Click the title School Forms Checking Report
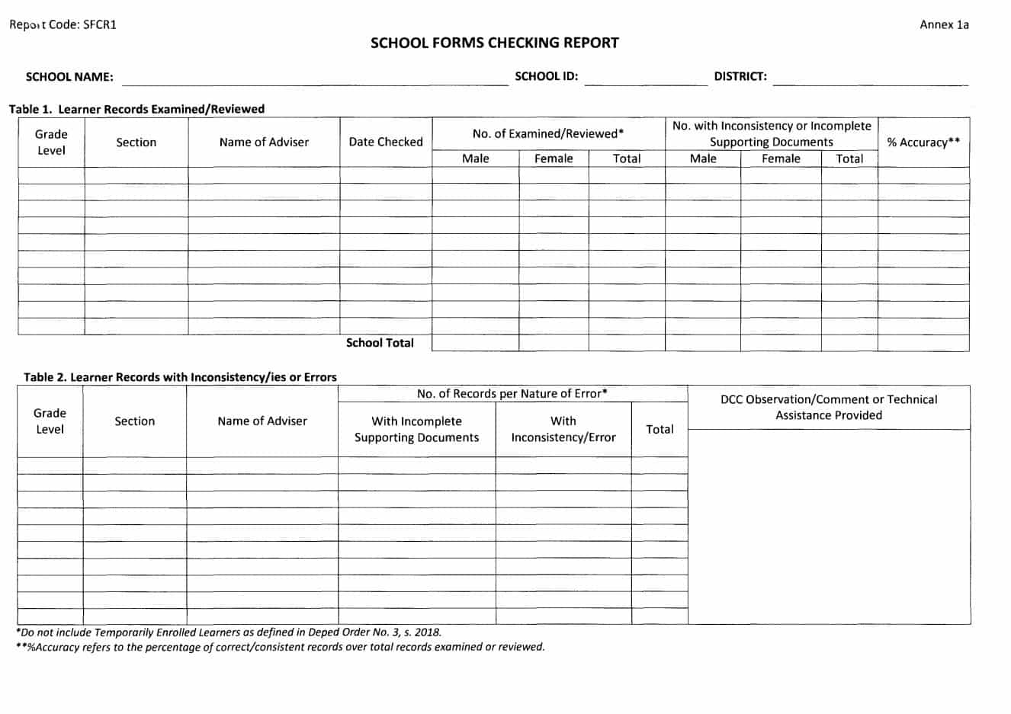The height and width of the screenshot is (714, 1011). tap(494, 43)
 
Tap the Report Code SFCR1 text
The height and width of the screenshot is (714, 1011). tap(63, 24)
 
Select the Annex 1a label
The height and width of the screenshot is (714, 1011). tap(944, 24)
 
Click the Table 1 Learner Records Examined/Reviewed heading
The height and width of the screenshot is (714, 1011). tap(136, 109)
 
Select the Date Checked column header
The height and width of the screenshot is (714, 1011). tap(385, 142)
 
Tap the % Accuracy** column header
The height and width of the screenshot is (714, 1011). tap(923, 142)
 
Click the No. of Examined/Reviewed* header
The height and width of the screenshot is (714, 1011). tap(547, 133)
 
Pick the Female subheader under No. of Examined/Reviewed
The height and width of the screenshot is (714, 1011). tap(553, 158)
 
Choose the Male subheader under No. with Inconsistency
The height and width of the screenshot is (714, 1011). tap(702, 158)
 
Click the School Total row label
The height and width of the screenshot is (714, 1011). tap(380, 343)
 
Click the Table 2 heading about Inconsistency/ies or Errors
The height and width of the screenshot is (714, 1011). tap(180, 377)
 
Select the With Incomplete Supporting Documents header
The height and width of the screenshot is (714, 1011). tap(416, 429)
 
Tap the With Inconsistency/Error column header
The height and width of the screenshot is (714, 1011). tap(563, 429)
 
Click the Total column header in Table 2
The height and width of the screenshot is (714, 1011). tap(660, 429)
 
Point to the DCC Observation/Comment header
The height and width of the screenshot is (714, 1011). tap(829, 407)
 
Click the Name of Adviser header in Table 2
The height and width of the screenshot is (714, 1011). tap(262, 421)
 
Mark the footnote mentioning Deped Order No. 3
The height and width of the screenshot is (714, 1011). tap(229, 632)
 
